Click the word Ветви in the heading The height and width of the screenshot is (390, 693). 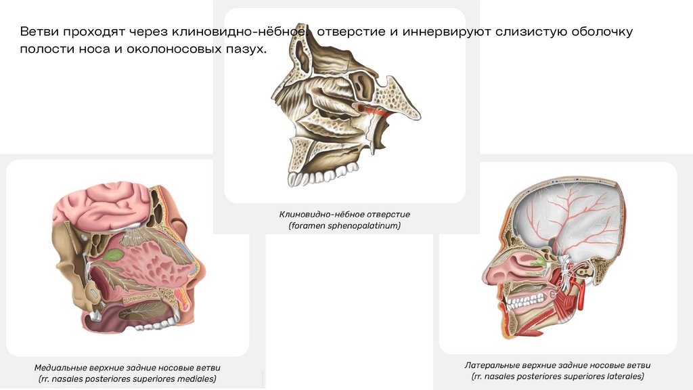[38, 32]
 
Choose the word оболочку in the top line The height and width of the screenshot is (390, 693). [601, 32]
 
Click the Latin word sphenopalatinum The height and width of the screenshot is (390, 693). [366, 225]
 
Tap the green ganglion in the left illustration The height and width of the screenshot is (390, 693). [113, 255]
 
